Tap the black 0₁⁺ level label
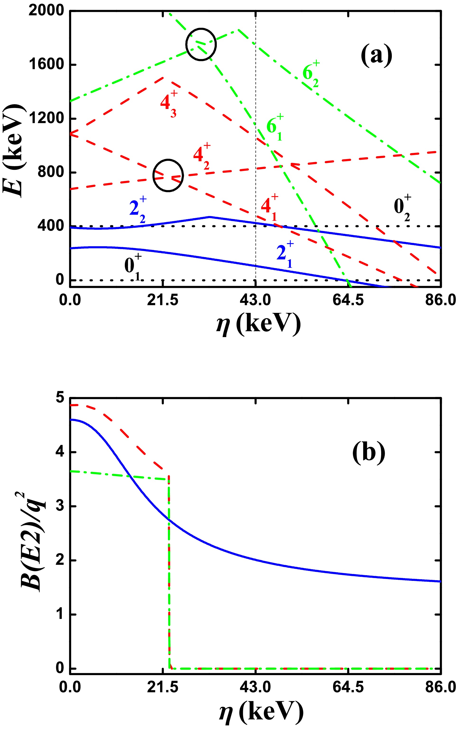(133, 267)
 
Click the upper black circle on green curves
(201, 44)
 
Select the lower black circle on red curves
(168, 175)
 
